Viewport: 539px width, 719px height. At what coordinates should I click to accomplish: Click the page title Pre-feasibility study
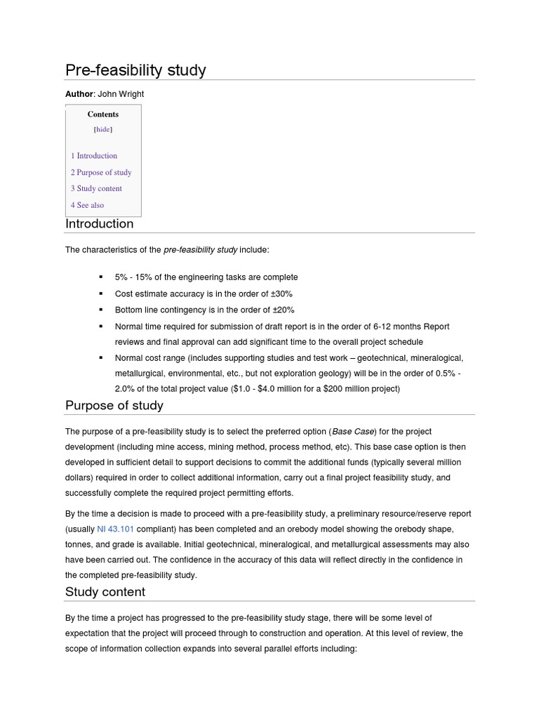pos(135,70)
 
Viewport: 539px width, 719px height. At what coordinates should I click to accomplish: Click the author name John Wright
pos(120,94)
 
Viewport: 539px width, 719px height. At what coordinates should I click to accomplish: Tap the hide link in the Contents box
pos(103,129)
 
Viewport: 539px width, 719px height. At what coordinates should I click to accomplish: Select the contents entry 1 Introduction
pos(94,156)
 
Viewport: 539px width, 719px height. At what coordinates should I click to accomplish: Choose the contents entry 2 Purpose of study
pos(101,172)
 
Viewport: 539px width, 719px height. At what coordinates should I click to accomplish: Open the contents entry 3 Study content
pos(96,188)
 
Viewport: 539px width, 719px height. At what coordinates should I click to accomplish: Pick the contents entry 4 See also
pos(87,205)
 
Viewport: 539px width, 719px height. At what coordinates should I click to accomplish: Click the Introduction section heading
pos(99,224)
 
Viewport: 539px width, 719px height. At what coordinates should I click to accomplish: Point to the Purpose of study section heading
pos(114,405)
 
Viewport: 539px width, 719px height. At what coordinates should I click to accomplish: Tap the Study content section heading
pos(105,592)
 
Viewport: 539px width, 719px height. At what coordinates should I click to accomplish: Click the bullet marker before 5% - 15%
pos(100,277)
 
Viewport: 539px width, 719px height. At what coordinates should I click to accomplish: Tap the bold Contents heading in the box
pos(103,114)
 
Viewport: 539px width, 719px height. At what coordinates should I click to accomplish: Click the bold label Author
pos(79,94)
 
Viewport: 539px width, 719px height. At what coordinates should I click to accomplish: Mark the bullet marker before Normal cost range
pos(100,358)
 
